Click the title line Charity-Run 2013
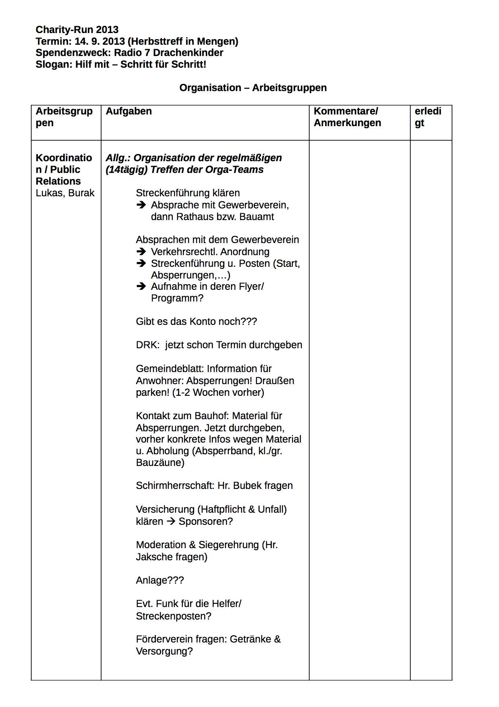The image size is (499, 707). (77, 30)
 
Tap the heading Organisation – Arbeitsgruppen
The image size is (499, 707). (253, 88)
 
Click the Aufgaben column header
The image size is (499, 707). (129, 111)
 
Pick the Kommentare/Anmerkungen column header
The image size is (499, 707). (347, 117)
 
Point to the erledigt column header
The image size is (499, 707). (428, 117)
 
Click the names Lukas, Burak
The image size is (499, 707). (65, 193)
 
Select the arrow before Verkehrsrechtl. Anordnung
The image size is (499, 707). (141, 252)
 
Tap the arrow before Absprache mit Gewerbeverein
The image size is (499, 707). (141, 205)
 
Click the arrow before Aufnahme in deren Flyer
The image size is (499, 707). (141, 287)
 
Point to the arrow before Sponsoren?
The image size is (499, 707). (171, 522)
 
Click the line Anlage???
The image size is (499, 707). (160, 580)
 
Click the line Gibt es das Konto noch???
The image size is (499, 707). (196, 322)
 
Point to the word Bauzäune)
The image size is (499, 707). (160, 463)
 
